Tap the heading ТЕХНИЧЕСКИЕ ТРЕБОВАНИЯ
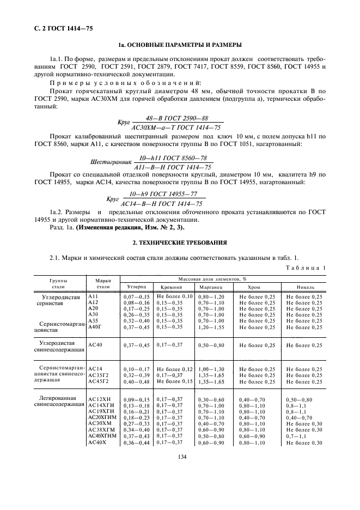click(180, 241)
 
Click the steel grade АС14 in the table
click(95, 369)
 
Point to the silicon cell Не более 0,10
click(174, 296)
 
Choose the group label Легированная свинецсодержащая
click(58, 403)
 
